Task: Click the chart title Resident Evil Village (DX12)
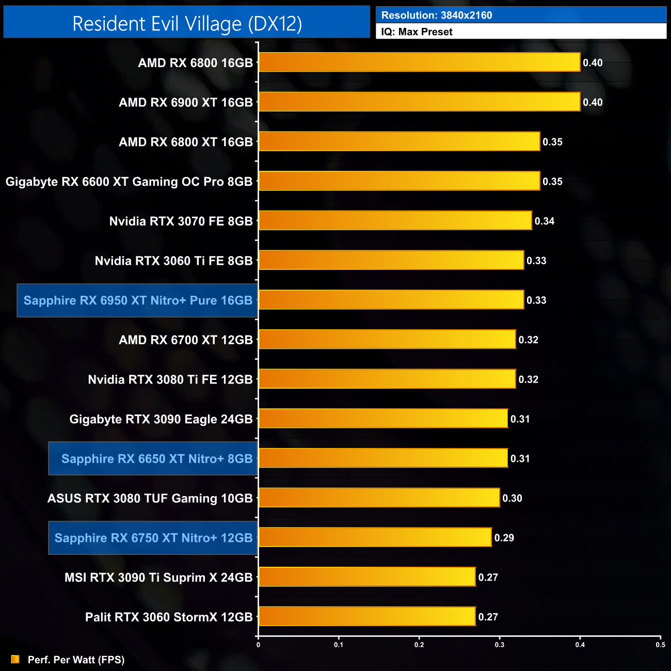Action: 187,24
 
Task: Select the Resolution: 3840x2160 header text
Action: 437,15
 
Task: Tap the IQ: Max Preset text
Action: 417,32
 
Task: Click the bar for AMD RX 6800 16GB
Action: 419,62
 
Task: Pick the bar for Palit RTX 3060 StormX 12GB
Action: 366,617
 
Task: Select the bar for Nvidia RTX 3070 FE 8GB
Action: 395,221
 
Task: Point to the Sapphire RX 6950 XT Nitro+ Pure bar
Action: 391,300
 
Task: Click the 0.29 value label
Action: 504,538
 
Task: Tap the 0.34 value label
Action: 545,221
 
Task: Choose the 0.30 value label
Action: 512,498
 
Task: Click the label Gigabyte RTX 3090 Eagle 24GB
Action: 161,419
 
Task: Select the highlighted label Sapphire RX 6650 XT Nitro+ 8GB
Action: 157,458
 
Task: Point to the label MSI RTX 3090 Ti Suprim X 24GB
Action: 158,578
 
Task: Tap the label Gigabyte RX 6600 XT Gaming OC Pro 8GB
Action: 129,182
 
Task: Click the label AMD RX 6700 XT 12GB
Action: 186,340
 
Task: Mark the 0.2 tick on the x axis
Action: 419,645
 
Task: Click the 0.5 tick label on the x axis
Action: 660,645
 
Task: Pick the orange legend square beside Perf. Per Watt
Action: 15,659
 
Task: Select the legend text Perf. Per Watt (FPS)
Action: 76,660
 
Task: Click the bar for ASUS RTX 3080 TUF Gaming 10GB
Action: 379,498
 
